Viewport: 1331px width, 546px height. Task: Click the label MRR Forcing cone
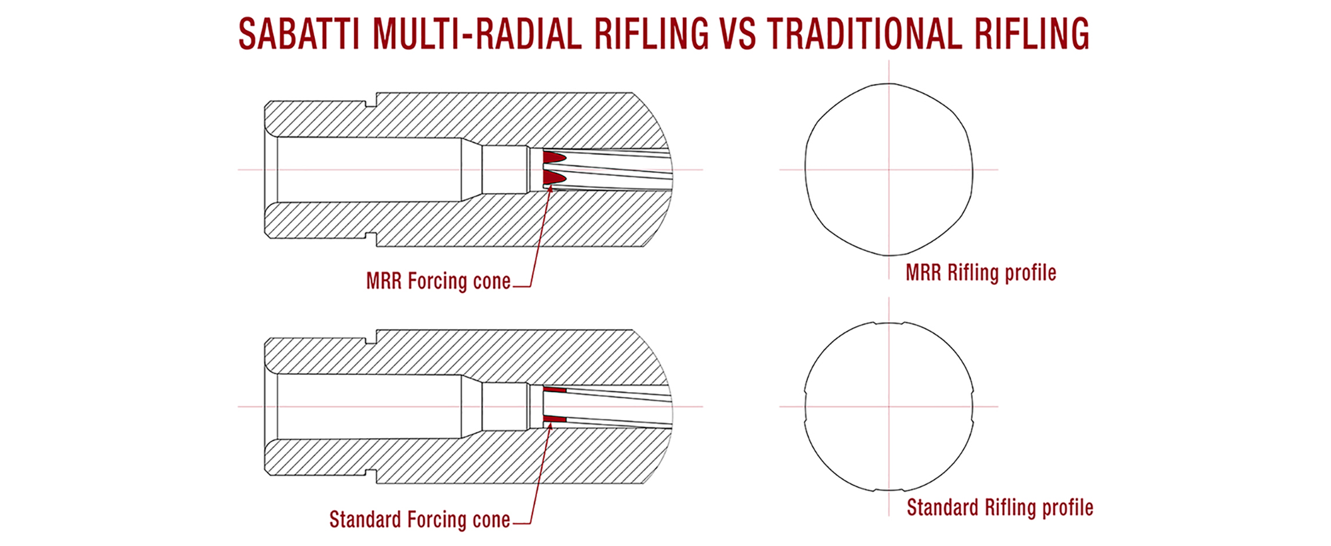pyautogui.click(x=439, y=281)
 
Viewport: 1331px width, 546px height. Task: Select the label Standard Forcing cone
pyautogui.click(x=420, y=519)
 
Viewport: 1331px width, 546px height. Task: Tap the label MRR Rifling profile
pyautogui.click(x=981, y=272)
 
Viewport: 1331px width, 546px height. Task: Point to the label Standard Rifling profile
pyautogui.click(x=1000, y=508)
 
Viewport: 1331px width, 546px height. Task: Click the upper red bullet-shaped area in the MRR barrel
pyautogui.click(x=554, y=157)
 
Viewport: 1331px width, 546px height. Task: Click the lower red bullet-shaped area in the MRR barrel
pyautogui.click(x=554, y=178)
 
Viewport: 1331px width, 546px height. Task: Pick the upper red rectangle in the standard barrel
pyautogui.click(x=554, y=390)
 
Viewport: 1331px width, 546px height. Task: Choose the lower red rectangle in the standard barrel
pyautogui.click(x=554, y=419)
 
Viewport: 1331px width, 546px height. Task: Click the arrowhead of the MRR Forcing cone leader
pyautogui.click(x=550, y=188)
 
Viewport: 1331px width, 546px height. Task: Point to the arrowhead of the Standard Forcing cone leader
pyautogui.click(x=550, y=423)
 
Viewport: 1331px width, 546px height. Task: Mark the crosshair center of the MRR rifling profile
pyautogui.click(x=889, y=170)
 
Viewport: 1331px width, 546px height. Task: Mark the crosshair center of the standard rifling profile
pyautogui.click(x=889, y=407)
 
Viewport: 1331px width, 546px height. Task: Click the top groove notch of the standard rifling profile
pyautogui.click(x=889, y=324)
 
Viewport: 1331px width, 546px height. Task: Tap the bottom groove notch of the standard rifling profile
pyautogui.click(x=889, y=490)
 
